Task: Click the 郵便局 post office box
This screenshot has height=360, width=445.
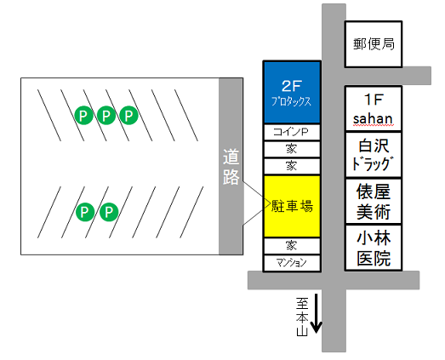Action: [x=374, y=44]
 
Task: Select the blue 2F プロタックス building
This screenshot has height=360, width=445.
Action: [x=292, y=92]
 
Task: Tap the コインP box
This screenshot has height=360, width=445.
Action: [x=292, y=132]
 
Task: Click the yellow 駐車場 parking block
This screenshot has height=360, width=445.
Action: [x=292, y=206]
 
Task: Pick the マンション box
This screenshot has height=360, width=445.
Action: [x=292, y=263]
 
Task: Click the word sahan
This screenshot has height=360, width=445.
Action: [x=373, y=118]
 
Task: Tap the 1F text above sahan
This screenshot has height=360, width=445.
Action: [x=374, y=100]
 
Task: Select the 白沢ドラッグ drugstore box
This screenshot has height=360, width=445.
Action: [x=374, y=155]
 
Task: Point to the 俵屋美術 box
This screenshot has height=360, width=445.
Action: [x=374, y=202]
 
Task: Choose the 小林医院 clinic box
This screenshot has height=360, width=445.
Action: [x=374, y=248]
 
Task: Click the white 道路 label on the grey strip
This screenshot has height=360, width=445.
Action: [x=231, y=167]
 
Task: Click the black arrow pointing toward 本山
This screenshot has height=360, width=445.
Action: [x=317, y=313]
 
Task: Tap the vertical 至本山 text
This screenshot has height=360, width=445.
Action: [x=302, y=317]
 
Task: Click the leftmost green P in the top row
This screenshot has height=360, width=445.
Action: [x=83, y=115]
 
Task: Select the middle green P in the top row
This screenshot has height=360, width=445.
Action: [x=106, y=115]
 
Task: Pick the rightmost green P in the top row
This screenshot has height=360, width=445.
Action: [x=128, y=115]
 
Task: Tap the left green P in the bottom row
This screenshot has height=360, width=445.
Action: [x=85, y=212]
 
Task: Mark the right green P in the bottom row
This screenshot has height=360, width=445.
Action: [x=109, y=212]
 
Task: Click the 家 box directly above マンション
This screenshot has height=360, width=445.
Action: [x=292, y=246]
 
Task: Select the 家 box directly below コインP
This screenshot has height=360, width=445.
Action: [x=292, y=149]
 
